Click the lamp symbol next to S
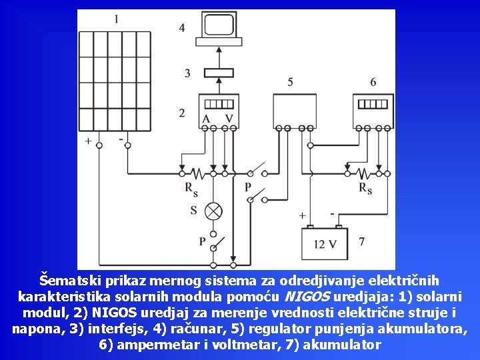click(x=213, y=211)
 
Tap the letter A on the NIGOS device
click(x=207, y=119)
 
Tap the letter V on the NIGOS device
click(x=229, y=119)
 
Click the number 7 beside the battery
click(x=361, y=241)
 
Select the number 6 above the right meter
click(x=373, y=82)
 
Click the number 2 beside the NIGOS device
click(x=182, y=113)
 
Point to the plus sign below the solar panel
click(x=89, y=141)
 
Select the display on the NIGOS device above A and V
click(x=219, y=104)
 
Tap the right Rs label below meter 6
click(x=365, y=189)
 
